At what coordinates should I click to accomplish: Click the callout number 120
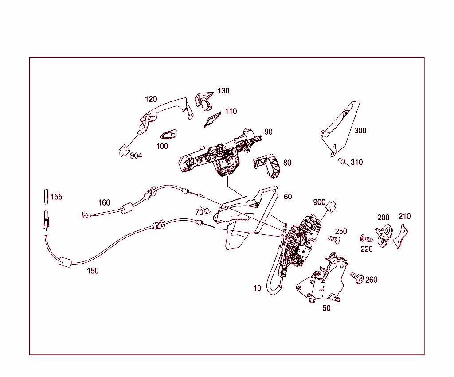pos(151,99)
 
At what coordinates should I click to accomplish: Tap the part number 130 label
pos(223,91)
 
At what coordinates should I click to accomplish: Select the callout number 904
pos(136,155)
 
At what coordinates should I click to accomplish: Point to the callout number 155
pos(56,197)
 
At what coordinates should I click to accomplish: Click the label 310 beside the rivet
pos(356,162)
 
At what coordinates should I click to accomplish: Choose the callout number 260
pos(371,280)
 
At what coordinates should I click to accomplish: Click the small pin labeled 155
pos(46,197)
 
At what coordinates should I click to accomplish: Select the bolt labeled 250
pos(334,239)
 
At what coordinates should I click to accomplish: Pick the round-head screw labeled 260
pos(357,278)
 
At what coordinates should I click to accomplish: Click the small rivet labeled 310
pos(342,161)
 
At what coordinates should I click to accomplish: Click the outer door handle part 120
pos(165,113)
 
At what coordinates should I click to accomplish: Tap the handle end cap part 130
pos(204,101)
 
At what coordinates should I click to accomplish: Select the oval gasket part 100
pos(168,135)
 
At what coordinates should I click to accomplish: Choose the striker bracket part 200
pos(384,235)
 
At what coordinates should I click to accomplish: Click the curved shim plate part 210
pos(401,236)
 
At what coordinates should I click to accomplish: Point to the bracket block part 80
pos(267,165)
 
